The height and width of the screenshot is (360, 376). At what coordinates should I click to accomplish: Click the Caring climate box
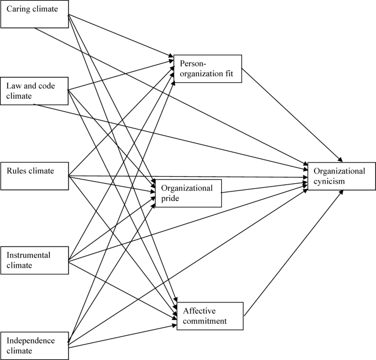(33, 13)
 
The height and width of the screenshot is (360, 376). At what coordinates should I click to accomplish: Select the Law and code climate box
(33, 91)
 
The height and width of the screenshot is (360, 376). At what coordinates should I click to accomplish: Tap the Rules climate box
(33, 176)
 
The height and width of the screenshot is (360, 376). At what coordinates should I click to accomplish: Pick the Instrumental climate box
(33, 260)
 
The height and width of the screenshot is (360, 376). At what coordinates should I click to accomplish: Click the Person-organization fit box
(207, 69)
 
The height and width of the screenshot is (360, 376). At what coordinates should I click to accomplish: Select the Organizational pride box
(188, 193)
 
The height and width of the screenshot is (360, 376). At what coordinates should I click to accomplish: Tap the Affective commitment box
(209, 316)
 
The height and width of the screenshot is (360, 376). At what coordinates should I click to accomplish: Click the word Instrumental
(29, 255)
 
